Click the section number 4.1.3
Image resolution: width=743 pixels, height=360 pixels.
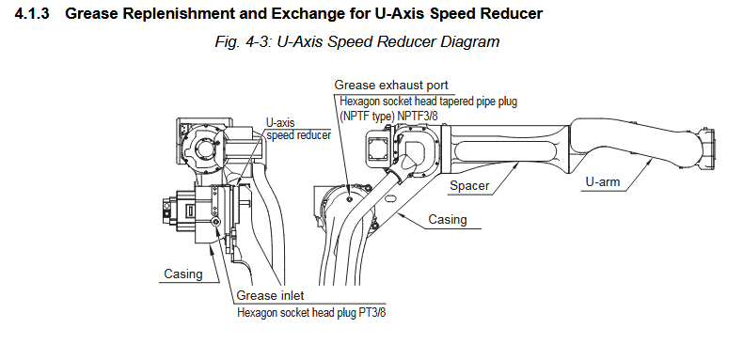(x=31, y=13)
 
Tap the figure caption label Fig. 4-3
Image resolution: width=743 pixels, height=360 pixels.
(x=241, y=42)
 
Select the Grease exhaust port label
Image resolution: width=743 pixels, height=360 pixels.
(x=391, y=86)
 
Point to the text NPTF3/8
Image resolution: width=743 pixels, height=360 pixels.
(x=418, y=116)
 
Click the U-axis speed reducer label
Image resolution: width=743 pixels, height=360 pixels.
(x=298, y=129)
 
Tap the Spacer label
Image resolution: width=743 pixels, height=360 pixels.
(x=469, y=186)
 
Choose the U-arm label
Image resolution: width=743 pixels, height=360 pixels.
(x=602, y=181)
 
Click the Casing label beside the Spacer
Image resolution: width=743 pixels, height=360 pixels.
(x=448, y=219)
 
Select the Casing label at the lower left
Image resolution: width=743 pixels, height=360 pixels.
(x=182, y=274)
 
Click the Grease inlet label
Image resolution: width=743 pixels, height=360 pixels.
(x=270, y=295)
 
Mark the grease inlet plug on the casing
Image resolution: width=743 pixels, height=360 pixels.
(x=216, y=223)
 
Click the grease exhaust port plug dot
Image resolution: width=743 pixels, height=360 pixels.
(x=349, y=199)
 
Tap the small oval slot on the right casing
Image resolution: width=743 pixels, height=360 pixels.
(x=391, y=199)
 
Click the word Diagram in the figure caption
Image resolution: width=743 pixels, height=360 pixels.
(x=470, y=42)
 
